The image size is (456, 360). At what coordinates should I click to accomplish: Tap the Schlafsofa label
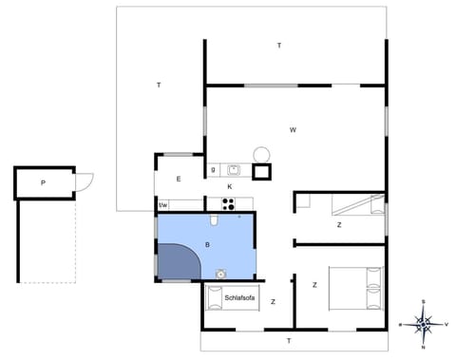coord(239,298)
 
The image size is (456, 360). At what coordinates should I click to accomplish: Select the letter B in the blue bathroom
coord(207,244)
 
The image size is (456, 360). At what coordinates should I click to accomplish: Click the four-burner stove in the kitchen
coord(228,202)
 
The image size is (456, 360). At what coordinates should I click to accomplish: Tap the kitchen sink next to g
coord(233,171)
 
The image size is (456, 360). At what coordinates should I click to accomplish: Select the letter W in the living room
coord(294,128)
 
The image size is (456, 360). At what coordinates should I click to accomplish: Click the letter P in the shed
coord(43,181)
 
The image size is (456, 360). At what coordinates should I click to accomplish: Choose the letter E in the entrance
coord(178,179)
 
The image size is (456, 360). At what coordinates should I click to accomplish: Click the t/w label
coord(162,204)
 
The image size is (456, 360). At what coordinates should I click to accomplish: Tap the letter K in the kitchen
coord(229,187)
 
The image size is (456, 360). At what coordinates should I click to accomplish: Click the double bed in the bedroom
coord(355,289)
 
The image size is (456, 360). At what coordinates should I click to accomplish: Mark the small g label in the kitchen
coord(214,170)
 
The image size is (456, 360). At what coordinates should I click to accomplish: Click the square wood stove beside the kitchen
coord(260,172)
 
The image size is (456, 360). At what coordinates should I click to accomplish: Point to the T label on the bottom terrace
coord(289,339)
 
